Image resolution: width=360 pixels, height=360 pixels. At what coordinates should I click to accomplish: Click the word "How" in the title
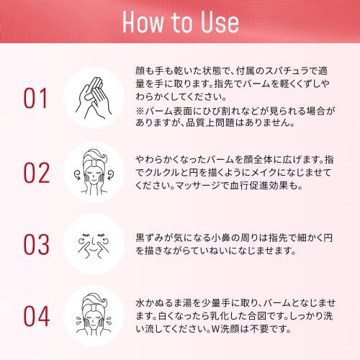pyautogui.click(x=143, y=22)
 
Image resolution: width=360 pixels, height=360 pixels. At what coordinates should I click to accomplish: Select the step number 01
pyautogui.click(x=35, y=99)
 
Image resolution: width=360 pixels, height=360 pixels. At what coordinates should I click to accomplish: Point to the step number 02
pyautogui.click(x=37, y=173)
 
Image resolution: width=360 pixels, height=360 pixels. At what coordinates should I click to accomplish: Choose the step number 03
pyautogui.click(x=37, y=244)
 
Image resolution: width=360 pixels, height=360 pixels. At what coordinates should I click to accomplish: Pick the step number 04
pyautogui.click(x=37, y=316)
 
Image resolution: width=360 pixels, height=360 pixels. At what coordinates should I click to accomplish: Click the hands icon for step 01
pyautogui.click(x=94, y=98)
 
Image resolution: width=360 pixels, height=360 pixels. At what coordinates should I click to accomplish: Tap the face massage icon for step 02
pyautogui.click(x=94, y=172)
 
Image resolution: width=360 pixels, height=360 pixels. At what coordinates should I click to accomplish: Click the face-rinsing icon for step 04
pyautogui.click(x=94, y=315)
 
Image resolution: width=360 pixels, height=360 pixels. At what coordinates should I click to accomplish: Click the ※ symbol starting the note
pyautogui.click(x=140, y=111)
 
